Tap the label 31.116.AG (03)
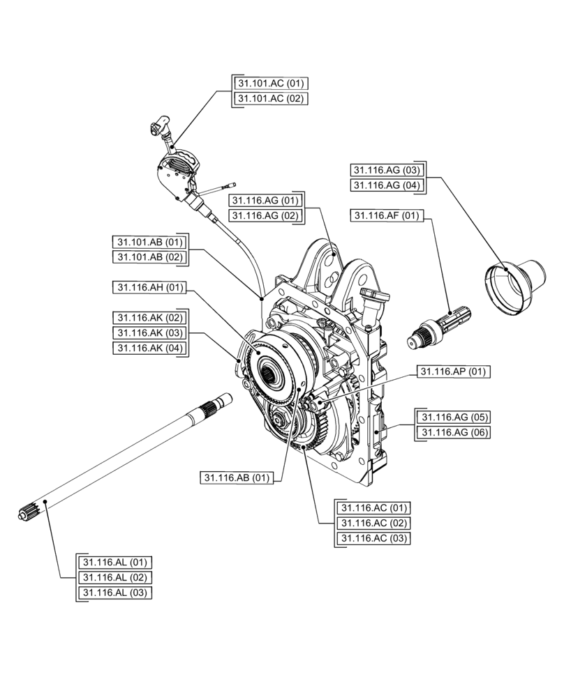[x=387, y=169]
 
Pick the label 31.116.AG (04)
[x=387, y=185]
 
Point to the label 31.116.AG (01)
[x=265, y=200]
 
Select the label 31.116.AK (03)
[x=149, y=332]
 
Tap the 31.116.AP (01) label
[x=452, y=372]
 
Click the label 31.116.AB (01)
[x=236, y=477]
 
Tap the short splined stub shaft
[x=439, y=325]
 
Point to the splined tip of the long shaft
[x=28, y=514]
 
